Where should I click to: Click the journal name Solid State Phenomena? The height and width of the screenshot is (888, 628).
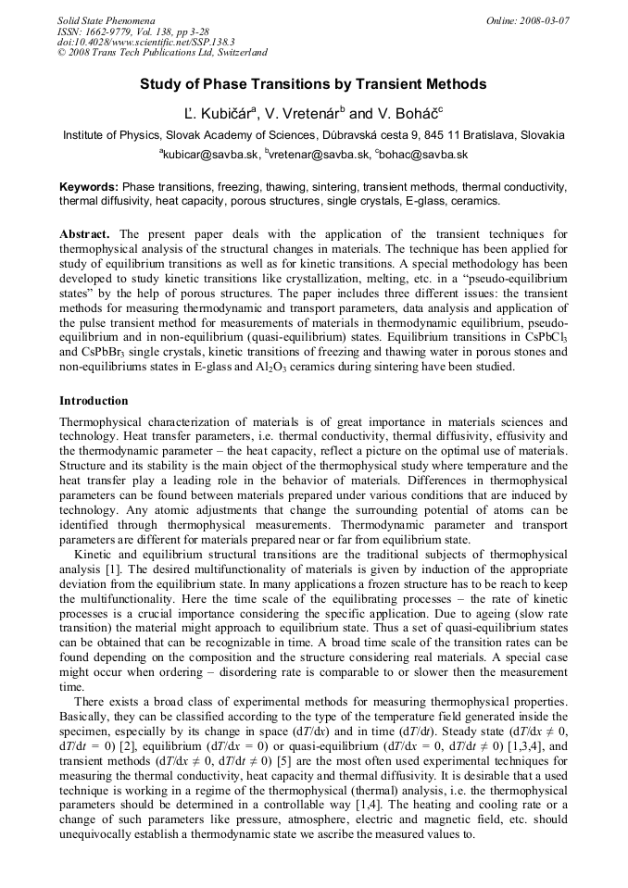pyautogui.click(x=106, y=19)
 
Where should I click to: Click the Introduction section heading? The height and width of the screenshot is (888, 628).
pyautogui.click(x=94, y=401)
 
